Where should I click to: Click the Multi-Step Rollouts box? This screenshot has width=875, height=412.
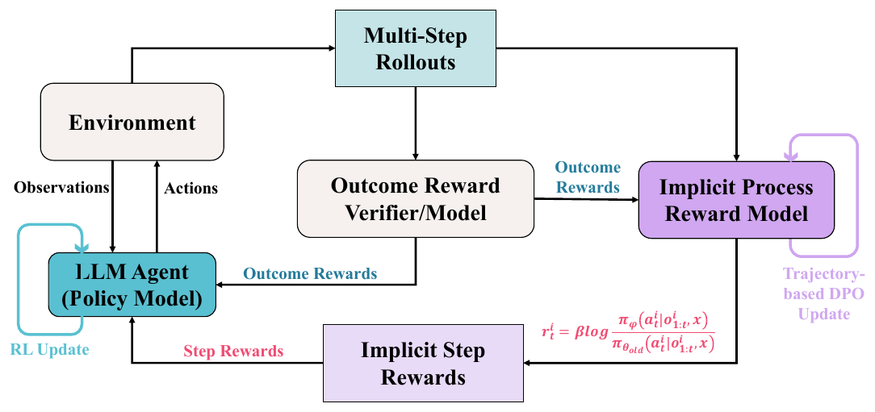tap(415, 48)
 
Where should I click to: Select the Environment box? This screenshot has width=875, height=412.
tap(132, 123)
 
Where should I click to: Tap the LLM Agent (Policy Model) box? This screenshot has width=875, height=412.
tap(132, 285)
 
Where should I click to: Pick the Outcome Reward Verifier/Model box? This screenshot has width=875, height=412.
tap(415, 199)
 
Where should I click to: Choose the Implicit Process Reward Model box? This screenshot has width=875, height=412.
tap(736, 200)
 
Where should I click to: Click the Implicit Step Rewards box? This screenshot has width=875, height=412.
tap(423, 363)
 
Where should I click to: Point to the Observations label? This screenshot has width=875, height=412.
tap(61, 187)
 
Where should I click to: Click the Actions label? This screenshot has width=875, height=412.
tap(190, 189)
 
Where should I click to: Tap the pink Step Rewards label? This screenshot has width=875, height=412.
tap(233, 351)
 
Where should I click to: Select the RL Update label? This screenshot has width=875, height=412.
tap(50, 350)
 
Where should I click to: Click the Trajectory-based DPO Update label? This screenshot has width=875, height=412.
tap(823, 293)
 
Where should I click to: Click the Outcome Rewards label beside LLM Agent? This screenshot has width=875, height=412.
tap(310, 274)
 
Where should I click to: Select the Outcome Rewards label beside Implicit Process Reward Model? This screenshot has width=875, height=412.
tap(587, 177)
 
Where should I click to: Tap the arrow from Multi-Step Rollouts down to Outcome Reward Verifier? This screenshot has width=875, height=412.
tap(415, 123)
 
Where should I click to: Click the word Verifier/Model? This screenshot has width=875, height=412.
tap(415, 214)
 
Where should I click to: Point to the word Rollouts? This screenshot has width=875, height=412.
tap(415, 62)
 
